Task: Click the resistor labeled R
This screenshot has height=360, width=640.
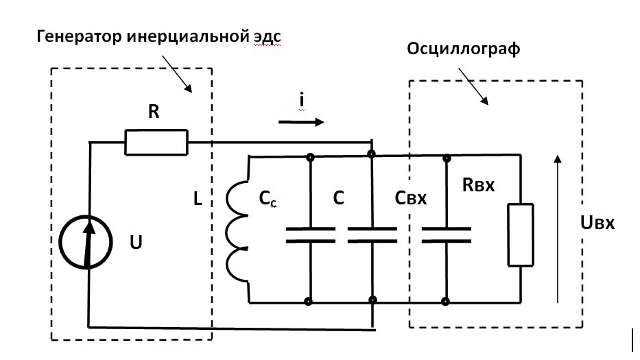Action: click(x=156, y=142)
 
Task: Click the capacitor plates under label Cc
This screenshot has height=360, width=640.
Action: click(x=310, y=235)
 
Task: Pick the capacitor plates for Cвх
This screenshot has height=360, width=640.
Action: click(x=446, y=235)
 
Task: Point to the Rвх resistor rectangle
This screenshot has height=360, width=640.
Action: click(x=520, y=234)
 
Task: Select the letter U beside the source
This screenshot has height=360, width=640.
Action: click(x=136, y=242)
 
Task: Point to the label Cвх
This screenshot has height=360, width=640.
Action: click(x=411, y=198)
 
